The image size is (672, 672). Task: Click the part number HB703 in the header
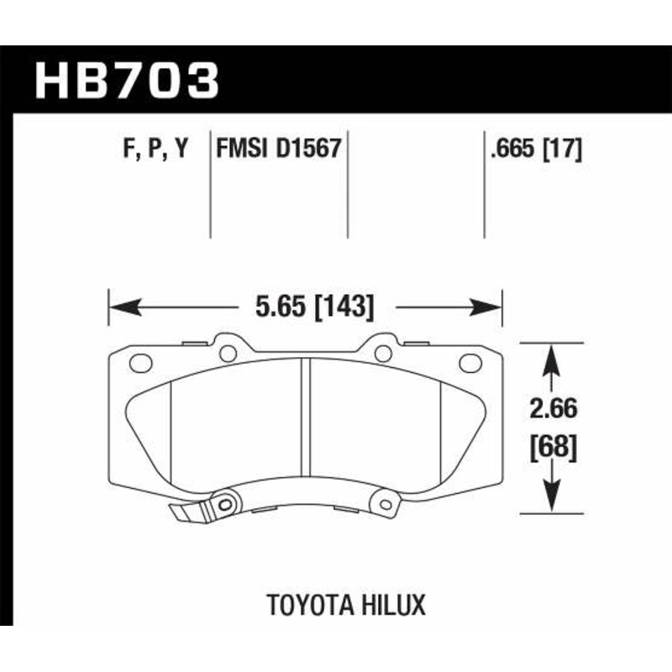pyautogui.click(x=126, y=81)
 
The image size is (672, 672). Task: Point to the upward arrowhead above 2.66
pyautogui.click(x=550, y=357)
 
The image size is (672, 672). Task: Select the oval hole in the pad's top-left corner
pyautogui.click(x=141, y=363)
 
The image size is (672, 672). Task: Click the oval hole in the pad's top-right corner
pyautogui.click(x=470, y=363)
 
